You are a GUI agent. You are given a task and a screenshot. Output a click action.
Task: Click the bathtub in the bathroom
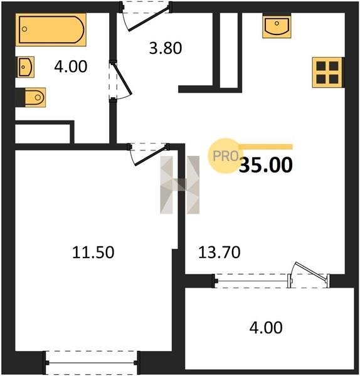51,29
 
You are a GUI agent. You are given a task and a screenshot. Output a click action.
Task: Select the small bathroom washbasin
26,67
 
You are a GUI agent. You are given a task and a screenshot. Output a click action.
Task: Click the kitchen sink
277,26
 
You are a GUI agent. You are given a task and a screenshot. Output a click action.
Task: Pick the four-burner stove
328,73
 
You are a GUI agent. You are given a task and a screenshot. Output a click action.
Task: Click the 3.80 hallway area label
166,48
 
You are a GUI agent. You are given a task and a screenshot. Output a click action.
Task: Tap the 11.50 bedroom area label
93,253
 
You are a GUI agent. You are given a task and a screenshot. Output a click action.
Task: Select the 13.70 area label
219,253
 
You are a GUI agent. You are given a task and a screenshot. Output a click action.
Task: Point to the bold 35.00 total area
266,165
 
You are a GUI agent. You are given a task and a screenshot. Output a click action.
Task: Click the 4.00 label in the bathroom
71,66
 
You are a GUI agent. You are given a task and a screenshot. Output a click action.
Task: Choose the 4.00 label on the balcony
266,328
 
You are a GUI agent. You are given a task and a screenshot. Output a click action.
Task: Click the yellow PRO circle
225,156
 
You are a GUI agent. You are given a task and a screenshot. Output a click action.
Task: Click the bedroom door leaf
151,156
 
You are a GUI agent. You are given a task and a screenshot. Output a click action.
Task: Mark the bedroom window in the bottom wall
91,363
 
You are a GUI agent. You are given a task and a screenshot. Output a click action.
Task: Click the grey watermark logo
180,185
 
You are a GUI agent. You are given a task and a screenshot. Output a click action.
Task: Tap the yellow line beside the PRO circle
265,147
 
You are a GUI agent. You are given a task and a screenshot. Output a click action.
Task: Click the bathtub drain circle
24,29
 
